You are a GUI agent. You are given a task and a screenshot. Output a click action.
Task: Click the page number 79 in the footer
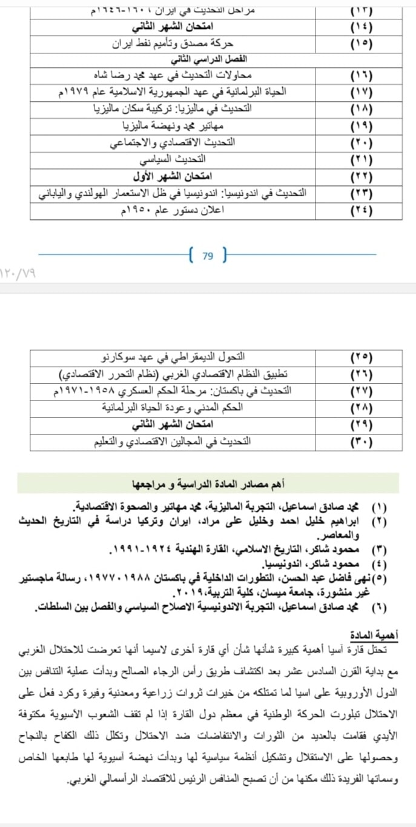click(208, 256)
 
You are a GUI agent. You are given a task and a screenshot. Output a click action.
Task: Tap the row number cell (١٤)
click(362, 28)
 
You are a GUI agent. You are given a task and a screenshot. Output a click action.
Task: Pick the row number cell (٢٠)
click(362, 143)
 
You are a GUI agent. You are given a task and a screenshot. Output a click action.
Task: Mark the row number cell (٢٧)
click(362, 391)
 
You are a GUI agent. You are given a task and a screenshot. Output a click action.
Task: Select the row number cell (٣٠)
click(362, 442)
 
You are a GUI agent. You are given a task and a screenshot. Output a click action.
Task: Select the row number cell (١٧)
click(362, 93)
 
